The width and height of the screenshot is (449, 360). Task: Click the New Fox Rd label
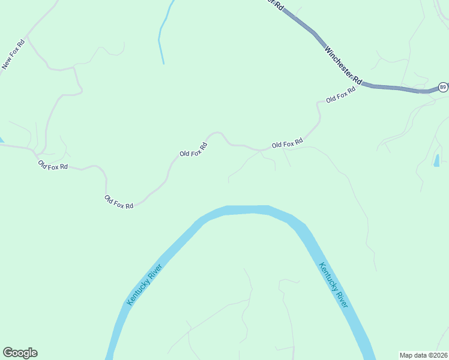13,55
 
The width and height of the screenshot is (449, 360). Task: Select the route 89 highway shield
442,87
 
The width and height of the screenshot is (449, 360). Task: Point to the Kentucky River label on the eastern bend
334,285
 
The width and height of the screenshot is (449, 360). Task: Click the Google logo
20,353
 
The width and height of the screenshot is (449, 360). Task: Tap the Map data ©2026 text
423,355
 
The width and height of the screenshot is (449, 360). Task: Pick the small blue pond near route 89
436,160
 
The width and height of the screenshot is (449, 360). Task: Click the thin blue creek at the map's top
161,36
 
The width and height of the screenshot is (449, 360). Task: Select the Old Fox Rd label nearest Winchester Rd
341,94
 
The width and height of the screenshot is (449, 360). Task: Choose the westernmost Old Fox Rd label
53,165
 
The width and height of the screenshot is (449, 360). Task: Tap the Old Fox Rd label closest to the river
119,202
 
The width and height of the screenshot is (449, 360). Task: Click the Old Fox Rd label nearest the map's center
193,149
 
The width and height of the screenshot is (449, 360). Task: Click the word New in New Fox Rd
7,62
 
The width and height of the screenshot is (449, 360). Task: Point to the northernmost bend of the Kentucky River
246,209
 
